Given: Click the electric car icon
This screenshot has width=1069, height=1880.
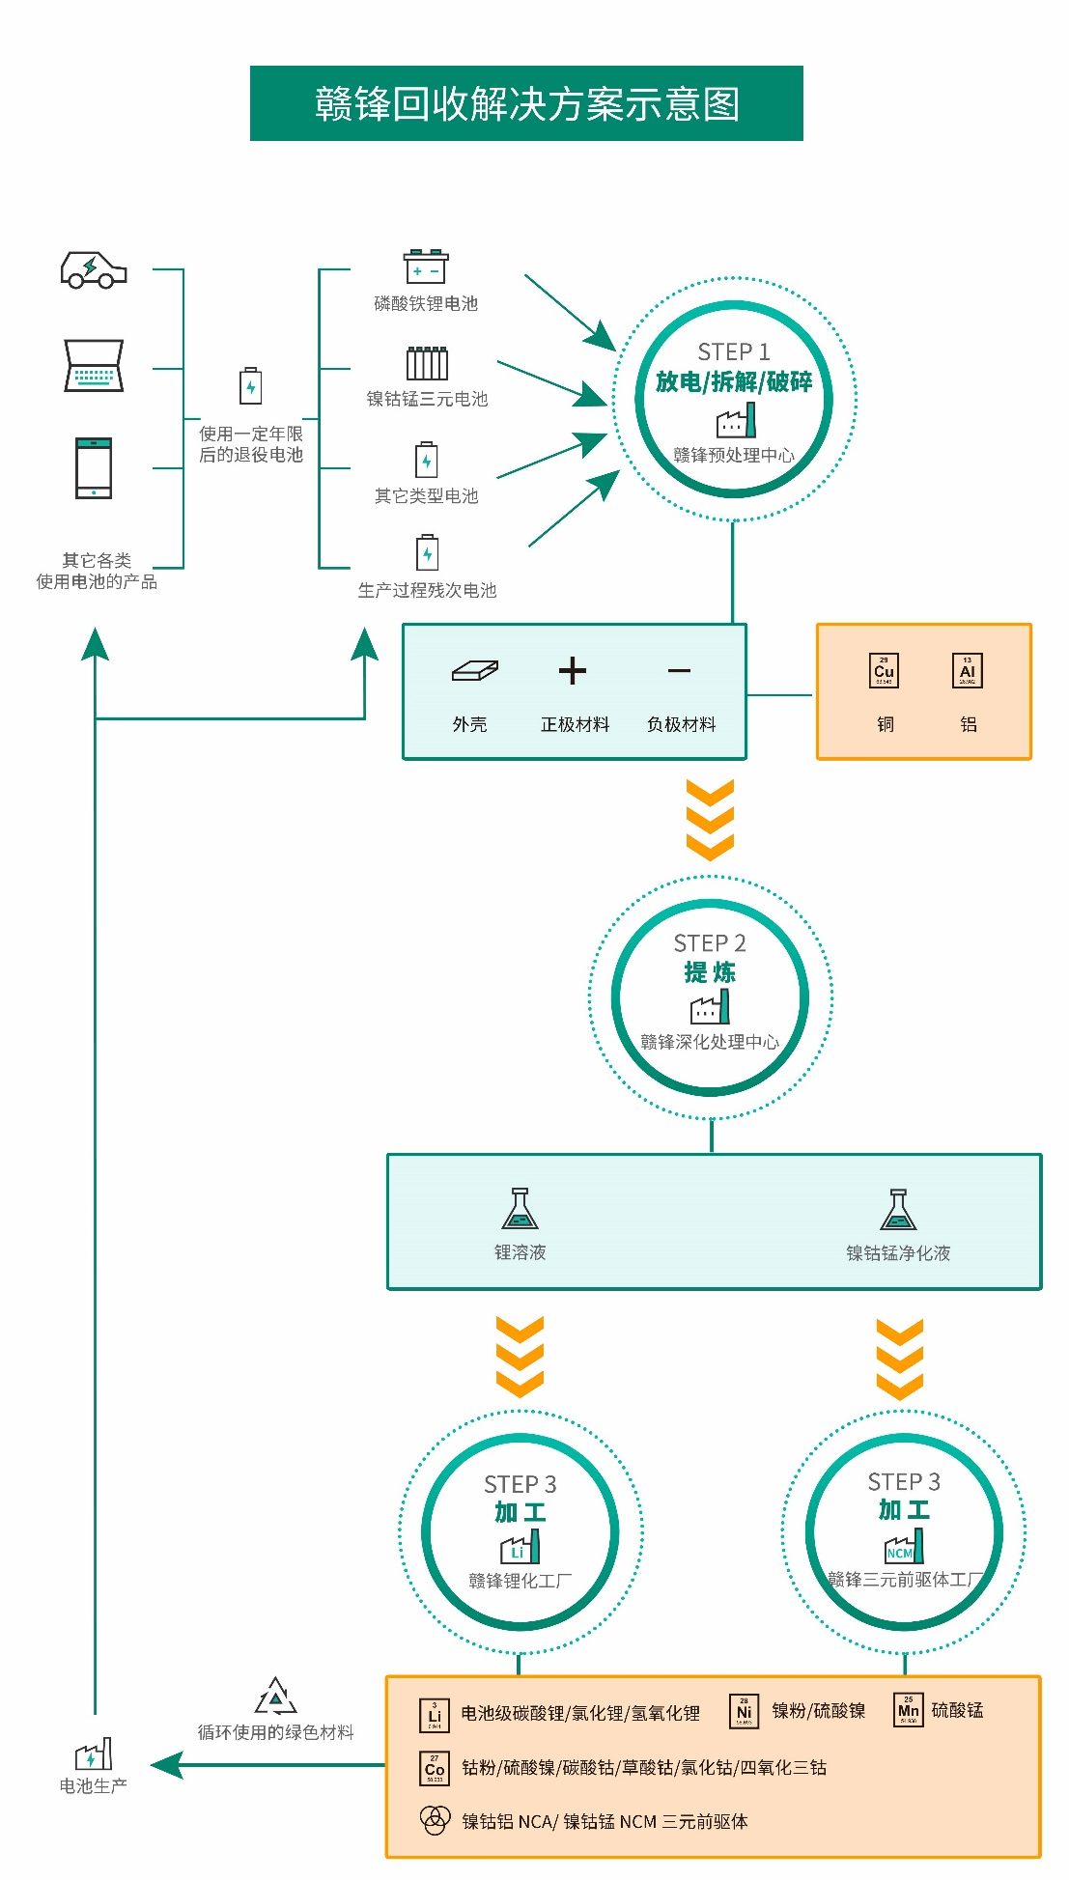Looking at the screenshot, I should click(x=94, y=269).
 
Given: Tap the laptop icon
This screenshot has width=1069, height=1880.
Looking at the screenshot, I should click(x=94, y=365).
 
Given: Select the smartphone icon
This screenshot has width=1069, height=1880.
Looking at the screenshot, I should click(x=94, y=468).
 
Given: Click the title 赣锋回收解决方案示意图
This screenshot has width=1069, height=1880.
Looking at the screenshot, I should click(x=526, y=103).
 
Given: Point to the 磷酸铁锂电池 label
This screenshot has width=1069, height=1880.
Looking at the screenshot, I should click(x=426, y=303).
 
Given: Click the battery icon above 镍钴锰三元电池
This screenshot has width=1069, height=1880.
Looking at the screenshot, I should click(x=427, y=363).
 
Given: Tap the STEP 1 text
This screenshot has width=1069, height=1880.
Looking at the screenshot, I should click(x=734, y=351).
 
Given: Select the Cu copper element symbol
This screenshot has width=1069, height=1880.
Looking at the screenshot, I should click(x=884, y=671).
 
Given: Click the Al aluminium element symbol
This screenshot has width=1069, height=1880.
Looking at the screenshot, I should click(x=968, y=671).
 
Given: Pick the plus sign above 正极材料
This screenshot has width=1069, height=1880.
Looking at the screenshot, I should click(x=573, y=671).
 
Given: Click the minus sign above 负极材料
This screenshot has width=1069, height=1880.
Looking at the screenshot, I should click(x=679, y=671).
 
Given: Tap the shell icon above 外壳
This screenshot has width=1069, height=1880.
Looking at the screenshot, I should click(x=474, y=671).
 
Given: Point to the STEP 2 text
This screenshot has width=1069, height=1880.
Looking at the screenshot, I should click(x=710, y=942).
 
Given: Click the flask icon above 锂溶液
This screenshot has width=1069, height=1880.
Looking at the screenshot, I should click(x=520, y=1209).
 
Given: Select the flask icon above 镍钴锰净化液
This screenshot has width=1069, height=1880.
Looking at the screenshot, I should click(x=898, y=1209).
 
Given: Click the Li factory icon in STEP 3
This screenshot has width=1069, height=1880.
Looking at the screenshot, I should click(x=520, y=1548).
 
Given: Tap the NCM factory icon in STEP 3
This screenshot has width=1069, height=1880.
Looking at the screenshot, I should click(x=904, y=1547).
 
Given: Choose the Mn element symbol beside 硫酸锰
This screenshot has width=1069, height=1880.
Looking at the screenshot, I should click(x=909, y=1710).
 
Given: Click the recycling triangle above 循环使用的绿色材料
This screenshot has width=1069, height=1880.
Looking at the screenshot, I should click(x=276, y=1697).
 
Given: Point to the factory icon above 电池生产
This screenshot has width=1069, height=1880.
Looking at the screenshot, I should click(x=94, y=1754).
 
